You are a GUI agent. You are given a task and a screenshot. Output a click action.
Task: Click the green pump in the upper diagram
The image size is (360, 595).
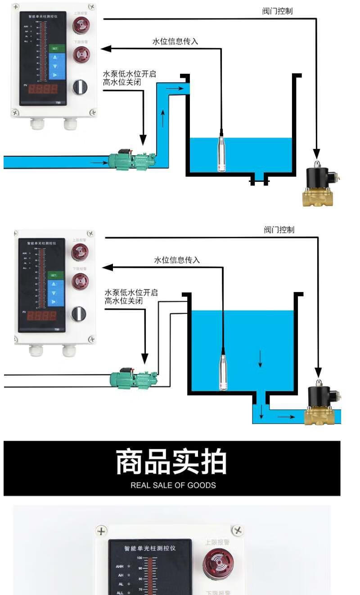130,160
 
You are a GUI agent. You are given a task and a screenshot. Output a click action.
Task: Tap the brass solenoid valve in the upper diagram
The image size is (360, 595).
320,187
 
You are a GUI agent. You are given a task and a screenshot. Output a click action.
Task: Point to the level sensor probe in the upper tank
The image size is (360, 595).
221,153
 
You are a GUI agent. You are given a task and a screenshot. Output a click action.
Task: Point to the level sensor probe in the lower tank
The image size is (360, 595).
223,371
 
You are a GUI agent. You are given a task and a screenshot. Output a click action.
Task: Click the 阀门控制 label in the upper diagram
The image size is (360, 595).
277,11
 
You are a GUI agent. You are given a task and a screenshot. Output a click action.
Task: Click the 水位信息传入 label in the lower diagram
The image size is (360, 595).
177,260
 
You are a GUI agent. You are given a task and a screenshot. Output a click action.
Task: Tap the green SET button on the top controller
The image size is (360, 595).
54,48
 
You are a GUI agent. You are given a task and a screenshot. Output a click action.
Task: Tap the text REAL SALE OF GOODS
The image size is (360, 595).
173,485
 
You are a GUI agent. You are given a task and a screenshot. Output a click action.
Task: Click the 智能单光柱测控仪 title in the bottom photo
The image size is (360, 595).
150,548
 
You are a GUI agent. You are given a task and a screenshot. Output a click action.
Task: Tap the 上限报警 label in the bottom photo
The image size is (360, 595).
217,542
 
